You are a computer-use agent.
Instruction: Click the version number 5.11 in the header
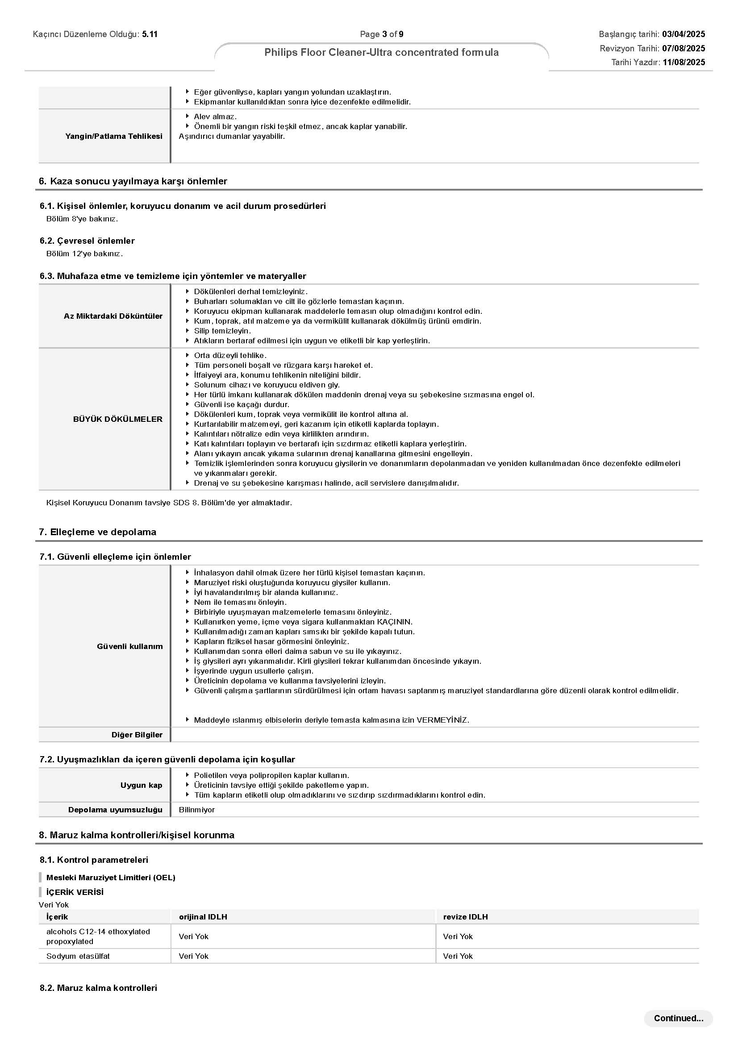click(x=150, y=34)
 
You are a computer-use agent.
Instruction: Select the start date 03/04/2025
click(x=684, y=34)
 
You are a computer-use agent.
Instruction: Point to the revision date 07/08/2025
click(x=684, y=48)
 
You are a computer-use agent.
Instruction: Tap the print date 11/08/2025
click(x=684, y=62)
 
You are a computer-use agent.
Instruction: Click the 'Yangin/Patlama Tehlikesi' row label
click(x=113, y=136)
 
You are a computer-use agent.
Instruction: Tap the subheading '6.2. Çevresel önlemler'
click(x=87, y=241)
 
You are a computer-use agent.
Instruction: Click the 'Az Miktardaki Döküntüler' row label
click(x=113, y=316)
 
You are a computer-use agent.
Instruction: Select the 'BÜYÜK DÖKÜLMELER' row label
click(x=117, y=419)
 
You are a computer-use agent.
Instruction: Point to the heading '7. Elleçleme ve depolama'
click(x=97, y=532)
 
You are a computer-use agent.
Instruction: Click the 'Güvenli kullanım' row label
click(x=129, y=646)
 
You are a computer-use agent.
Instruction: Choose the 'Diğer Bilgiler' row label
click(x=137, y=734)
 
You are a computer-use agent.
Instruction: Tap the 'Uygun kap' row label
click(x=141, y=785)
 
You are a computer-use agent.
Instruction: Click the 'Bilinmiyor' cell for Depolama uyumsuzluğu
click(x=196, y=809)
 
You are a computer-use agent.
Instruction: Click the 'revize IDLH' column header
click(x=465, y=916)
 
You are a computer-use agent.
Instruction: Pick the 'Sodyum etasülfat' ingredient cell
click(x=78, y=956)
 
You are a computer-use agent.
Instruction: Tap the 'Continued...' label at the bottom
click(x=678, y=1018)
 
